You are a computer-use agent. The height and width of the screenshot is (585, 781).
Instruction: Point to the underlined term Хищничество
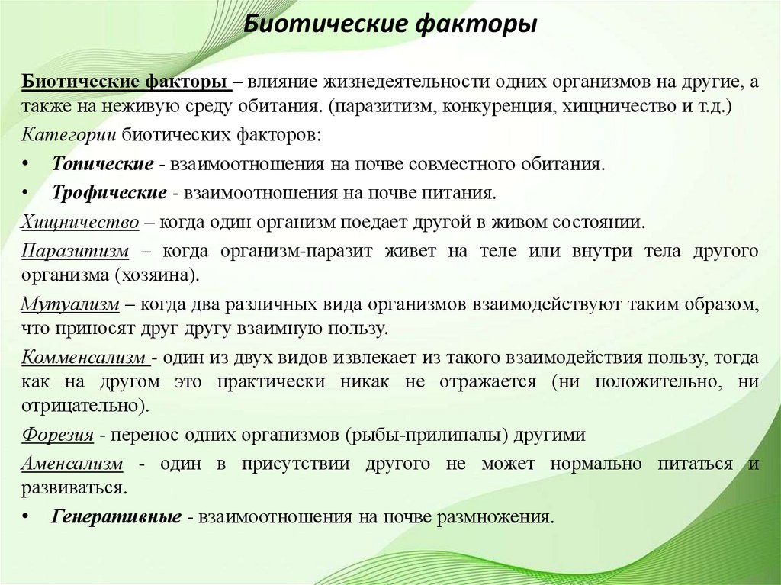click(x=80, y=222)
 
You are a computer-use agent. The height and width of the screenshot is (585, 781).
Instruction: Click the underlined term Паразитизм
click(x=76, y=251)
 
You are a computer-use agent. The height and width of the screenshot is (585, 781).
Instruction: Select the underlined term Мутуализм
click(x=70, y=305)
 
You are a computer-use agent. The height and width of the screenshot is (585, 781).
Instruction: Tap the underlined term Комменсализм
click(x=84, y=357)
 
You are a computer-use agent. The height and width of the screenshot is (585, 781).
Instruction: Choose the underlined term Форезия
click(x=58, y=436)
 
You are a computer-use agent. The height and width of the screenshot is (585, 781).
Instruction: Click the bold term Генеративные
click(x=116, y=516)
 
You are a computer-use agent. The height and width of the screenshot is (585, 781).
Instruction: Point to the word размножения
click(x=493, y=516)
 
